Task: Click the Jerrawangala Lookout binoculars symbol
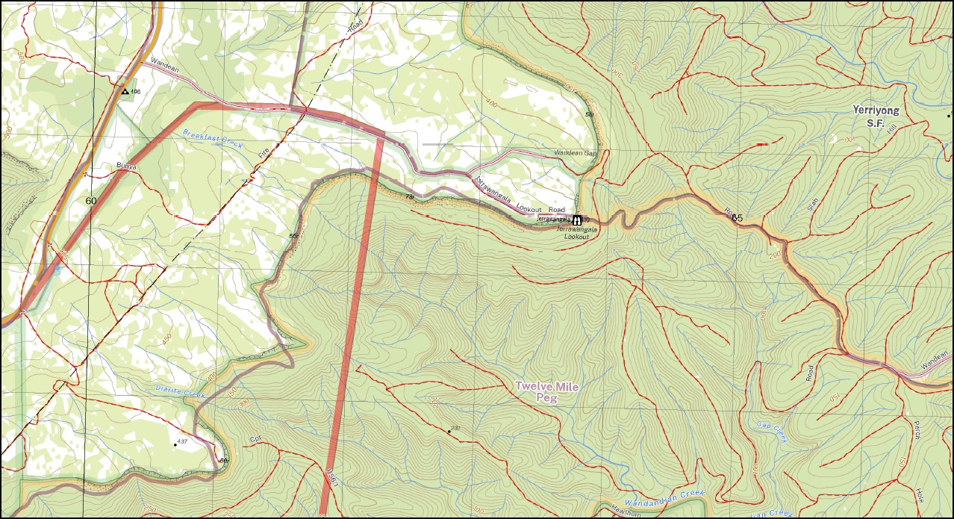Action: (x=577, y=220)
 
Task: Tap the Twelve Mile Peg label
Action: (x=547, y=392)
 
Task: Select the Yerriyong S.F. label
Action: (x=876, y=116)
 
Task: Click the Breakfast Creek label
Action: (x=213, y=139)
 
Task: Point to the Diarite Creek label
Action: (x=180, y=391)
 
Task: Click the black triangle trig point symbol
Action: (x=124, y=92)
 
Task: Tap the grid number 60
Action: (x=91, y=201)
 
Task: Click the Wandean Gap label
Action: (x=576, y=153)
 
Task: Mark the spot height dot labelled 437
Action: (x=175, y=444)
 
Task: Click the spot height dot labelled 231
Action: (x=449, y=432)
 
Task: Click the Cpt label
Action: (x=255, y=439)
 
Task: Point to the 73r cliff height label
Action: (x=410, y=196)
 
